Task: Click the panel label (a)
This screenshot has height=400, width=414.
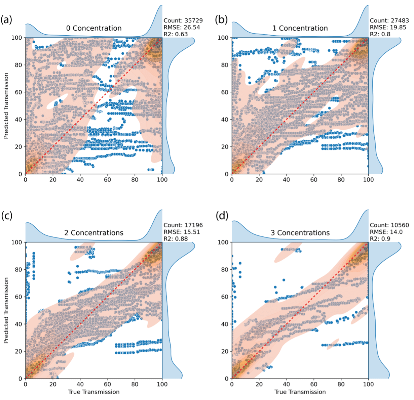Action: [6, 20]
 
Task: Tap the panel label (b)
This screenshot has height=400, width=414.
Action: [221, 20]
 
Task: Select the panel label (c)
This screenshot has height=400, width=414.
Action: [6, 215]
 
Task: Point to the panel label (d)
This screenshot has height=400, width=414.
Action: [221, 215]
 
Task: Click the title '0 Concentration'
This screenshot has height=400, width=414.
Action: [94, 28]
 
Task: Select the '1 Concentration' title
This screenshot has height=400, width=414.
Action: [300, 28]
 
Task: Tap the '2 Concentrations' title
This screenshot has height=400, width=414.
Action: [94, 233]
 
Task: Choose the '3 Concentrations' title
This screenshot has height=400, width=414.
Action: [300, 233]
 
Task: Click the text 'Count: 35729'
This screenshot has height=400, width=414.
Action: [183, 21]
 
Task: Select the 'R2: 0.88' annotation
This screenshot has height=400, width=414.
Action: [176, 239]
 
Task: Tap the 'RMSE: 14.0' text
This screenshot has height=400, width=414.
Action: [386, 232]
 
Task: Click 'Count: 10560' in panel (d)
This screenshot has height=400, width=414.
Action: [389, 225]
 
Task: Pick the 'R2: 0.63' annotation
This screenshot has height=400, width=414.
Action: [176, 34]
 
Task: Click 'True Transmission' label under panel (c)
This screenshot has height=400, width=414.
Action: [94, 392]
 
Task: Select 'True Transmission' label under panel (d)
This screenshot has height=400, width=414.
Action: [300, 392]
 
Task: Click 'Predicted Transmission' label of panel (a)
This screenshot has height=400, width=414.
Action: [6, 106]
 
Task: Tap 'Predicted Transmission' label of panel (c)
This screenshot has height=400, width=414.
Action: [6, 310]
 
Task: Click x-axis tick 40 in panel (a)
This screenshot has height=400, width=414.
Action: [80, 180]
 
